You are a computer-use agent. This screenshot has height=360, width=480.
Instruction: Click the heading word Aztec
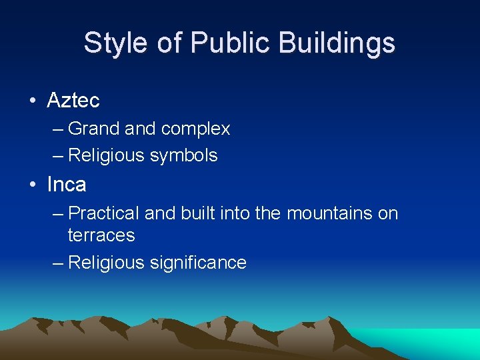pos(73,101)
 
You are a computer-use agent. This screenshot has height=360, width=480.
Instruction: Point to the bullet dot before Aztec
pos(32,101)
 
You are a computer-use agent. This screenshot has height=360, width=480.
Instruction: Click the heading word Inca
pos(67,184)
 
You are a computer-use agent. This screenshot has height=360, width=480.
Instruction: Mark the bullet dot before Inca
pos(32,185)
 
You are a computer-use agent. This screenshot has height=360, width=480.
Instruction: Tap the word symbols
pos(183,155)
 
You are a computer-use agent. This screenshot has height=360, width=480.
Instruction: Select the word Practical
pos(104,213)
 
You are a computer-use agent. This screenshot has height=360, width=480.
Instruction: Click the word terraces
pos(101,235)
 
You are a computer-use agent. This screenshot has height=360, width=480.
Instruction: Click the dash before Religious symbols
pos(58,155)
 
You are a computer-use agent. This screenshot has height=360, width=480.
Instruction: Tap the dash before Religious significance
pos(58,263)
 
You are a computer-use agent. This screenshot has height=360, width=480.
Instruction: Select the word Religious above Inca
pos(107,155)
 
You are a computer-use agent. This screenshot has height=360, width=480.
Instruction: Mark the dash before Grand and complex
pos(58,129)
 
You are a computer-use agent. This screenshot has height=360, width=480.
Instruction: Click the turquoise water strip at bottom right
pos(440,340)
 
